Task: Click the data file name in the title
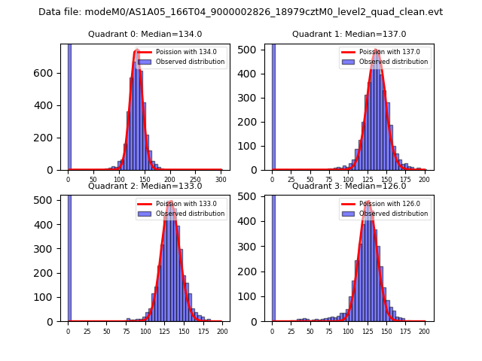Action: point(240,12)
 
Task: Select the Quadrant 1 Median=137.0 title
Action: point(349,34)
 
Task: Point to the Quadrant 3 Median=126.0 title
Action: point(349,186)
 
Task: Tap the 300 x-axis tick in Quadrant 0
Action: point(221,180)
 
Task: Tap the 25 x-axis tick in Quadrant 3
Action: point(291,332)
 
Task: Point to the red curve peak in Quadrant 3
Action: point(368,202)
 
